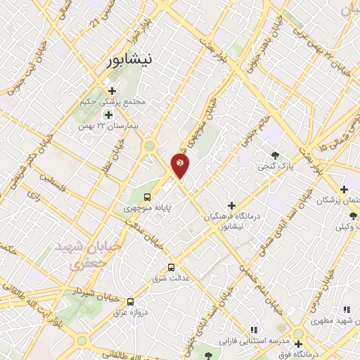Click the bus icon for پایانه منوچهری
point(148,197)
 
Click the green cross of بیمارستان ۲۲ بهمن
point(108,115)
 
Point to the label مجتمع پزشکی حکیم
point(117,101)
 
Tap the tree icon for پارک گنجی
point(274,156)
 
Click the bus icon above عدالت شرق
point(171,267)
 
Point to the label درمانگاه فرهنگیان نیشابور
point(228,221)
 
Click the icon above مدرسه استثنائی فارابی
point(254,329)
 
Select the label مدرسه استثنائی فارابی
point(251,341)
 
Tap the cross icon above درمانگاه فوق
point(299,345)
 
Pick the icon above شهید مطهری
point(345,309)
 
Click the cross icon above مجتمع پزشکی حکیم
point(112,90)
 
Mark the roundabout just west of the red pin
point(150,146)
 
